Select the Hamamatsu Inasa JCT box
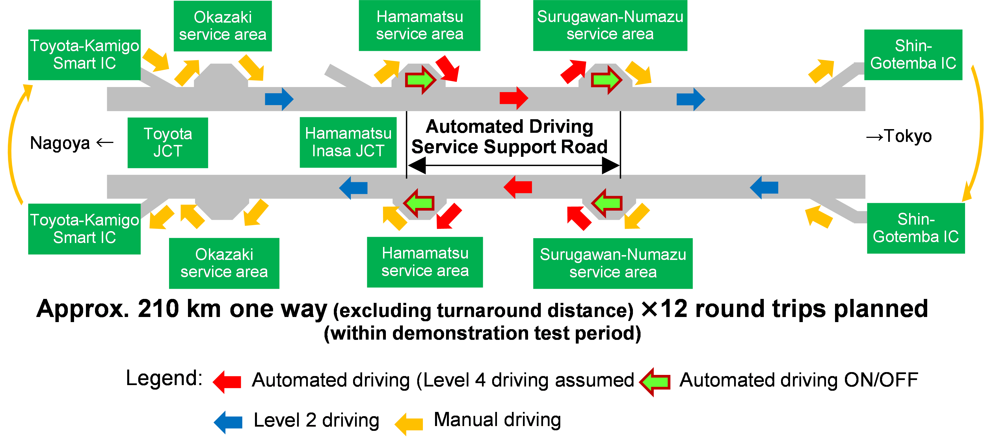[x=348, y=142]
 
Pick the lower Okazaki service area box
[x=224, y=263]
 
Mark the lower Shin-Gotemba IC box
[x=915, y=228]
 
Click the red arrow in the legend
[x=227, y=381]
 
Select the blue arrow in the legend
[x=228, y=422]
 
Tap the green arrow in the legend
[x=655, y=381]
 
